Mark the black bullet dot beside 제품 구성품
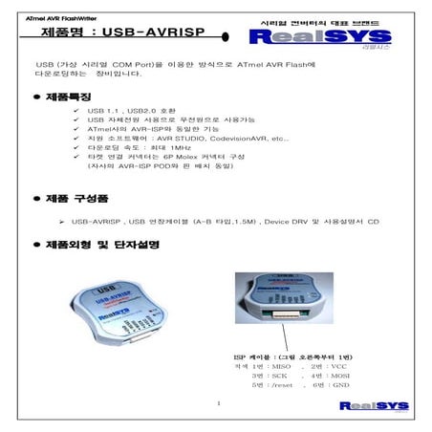pos(36,200)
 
